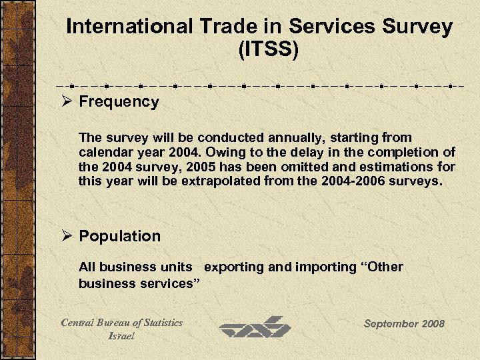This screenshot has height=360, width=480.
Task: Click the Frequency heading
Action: tap(119, 102)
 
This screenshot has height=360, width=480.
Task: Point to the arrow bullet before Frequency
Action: tap(68, 102)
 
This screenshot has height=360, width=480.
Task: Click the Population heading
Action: tap(120, 236)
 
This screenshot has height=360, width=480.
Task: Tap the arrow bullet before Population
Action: tap(68, 236)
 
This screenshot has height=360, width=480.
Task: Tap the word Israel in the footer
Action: tap(121, 336)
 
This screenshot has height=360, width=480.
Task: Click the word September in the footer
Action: tap(391, 323)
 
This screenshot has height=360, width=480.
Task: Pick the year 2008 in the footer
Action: tap(433, 323)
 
